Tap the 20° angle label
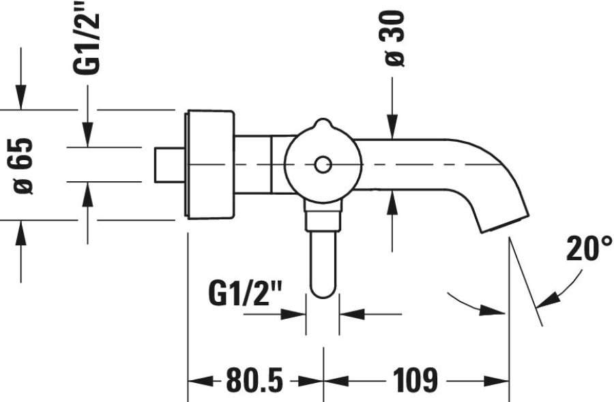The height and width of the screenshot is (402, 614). [x=589, y=249]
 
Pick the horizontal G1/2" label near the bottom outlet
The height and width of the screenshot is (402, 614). [x=245, y=296]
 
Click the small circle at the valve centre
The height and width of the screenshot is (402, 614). [x=322, y=164]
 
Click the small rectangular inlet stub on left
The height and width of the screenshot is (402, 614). [x=168, y=164]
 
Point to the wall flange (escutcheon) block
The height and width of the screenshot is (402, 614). [x=209, y=164]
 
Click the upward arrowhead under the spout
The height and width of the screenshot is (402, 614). [x=392, y=202]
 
